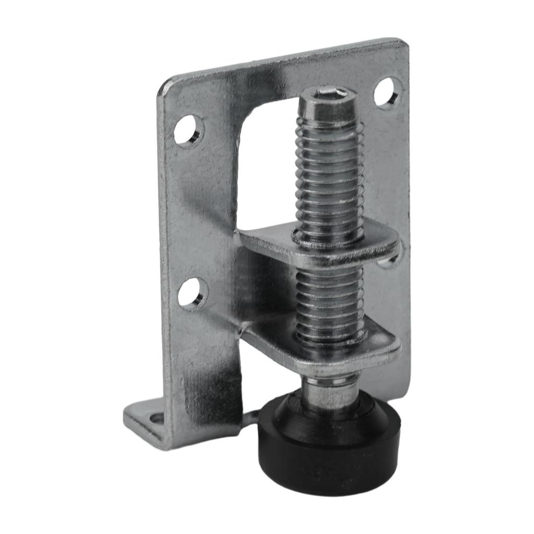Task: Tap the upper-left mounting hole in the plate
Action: point(188,130)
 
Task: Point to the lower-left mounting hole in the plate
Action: point(192,293)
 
